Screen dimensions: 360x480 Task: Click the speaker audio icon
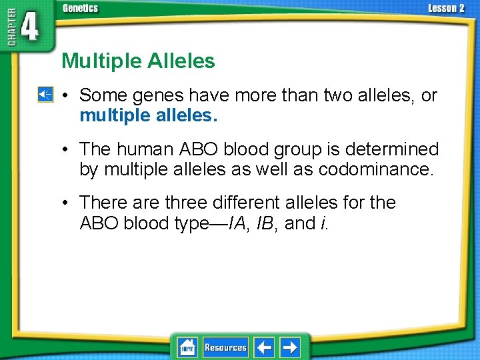(x=44, y=95)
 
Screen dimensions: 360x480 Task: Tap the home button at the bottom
(x=187, y=347)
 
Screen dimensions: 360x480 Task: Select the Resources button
(x=225, y=347)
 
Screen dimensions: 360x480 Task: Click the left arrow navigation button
(x=265, y=347)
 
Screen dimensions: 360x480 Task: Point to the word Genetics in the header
(x=80, y=8)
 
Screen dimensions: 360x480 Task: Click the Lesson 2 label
(x=445, y=8)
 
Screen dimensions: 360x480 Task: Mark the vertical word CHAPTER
(x=9, y=30)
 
